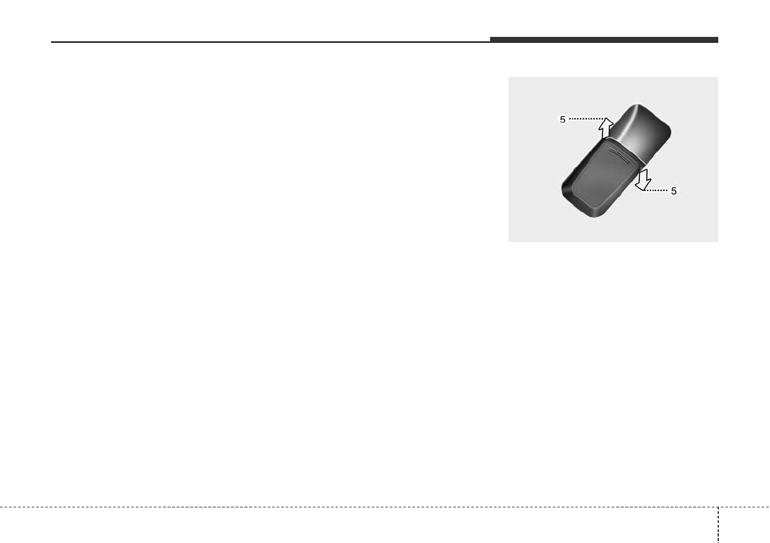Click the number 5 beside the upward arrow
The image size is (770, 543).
[x=562, y=120]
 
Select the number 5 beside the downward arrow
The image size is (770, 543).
[x=674, y=191]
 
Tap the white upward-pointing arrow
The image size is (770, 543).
[x=606, y=127]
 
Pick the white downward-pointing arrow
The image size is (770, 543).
[x=643, y=179]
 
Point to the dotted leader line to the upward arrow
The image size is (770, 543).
[x=587, y=118]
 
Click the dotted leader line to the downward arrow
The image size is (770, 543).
[x=656, y=190]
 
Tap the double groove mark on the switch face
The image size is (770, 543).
[x=620, y=154]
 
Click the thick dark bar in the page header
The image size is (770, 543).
[x=604, y=39]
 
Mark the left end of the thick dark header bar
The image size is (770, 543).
[x=491, y=39]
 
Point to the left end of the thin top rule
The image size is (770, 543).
[x=51, y=42]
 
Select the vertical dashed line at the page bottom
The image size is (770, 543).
[x=718, y=525]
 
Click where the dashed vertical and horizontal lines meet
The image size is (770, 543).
[x=718, y=507]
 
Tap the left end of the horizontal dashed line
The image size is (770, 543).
[x=1, y=507]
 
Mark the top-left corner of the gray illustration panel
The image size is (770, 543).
[x=508, y=77]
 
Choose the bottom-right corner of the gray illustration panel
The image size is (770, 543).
[x=718, y=242]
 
